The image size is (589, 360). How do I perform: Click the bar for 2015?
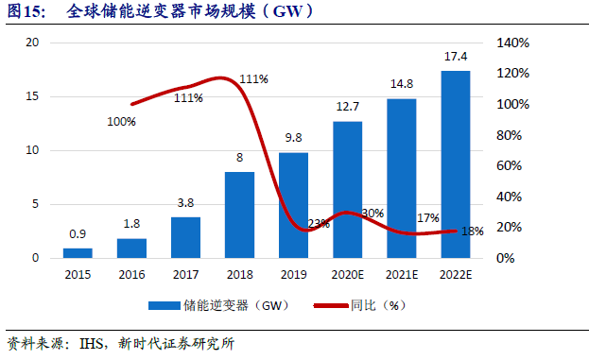(78, 252)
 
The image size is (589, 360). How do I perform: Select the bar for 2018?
(239, 214)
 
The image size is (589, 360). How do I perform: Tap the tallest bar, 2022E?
(455, 163)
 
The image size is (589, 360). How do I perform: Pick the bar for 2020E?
(347, 189)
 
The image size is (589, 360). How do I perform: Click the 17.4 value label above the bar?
(455, 58)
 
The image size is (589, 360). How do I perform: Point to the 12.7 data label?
(347, 108)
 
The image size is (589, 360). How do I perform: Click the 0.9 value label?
(78, 234)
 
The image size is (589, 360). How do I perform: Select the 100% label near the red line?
(121, 122)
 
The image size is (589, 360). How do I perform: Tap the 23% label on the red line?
(318, 224)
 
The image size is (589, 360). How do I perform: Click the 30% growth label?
(372, 214)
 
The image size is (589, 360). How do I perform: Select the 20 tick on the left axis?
(32, 43)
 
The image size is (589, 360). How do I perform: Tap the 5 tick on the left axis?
(35, 204)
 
